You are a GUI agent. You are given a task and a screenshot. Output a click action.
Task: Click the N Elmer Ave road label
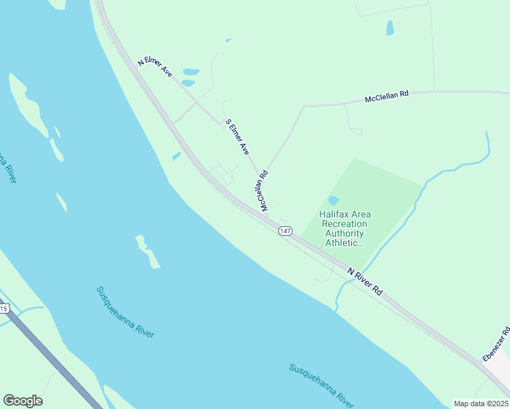pos(155,66)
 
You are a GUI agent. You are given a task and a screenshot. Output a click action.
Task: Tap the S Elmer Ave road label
pos(238,137)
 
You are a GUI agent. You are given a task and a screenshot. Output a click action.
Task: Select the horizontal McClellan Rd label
pos(387,97)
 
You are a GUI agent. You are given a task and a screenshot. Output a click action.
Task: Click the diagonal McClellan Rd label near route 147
pos(262,190)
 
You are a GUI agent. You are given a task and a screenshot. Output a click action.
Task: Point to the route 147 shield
pos(285,232)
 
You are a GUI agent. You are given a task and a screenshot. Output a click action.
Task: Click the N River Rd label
pos(365,281)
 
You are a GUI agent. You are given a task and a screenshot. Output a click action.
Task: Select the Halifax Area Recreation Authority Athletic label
pos(345,228)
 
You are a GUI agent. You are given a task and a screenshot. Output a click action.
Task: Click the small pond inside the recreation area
pos(333,200)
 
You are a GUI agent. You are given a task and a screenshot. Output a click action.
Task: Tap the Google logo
pos(22,401)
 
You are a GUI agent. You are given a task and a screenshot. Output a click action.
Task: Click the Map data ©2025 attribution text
pos(481,404)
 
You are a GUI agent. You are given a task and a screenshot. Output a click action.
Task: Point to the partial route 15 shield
pos(3,309)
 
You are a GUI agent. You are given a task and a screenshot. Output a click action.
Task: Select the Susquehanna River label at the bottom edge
pos(321,384)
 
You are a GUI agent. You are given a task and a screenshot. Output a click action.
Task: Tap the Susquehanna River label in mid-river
pos(125,312)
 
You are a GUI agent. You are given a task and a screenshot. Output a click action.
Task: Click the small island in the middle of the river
pos(147,252)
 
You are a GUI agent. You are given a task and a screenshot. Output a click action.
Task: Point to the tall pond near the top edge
pos(390,28)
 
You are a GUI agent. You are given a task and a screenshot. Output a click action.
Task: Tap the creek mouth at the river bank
pos(337,304)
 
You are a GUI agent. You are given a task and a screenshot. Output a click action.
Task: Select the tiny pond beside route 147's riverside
pos(177,156)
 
